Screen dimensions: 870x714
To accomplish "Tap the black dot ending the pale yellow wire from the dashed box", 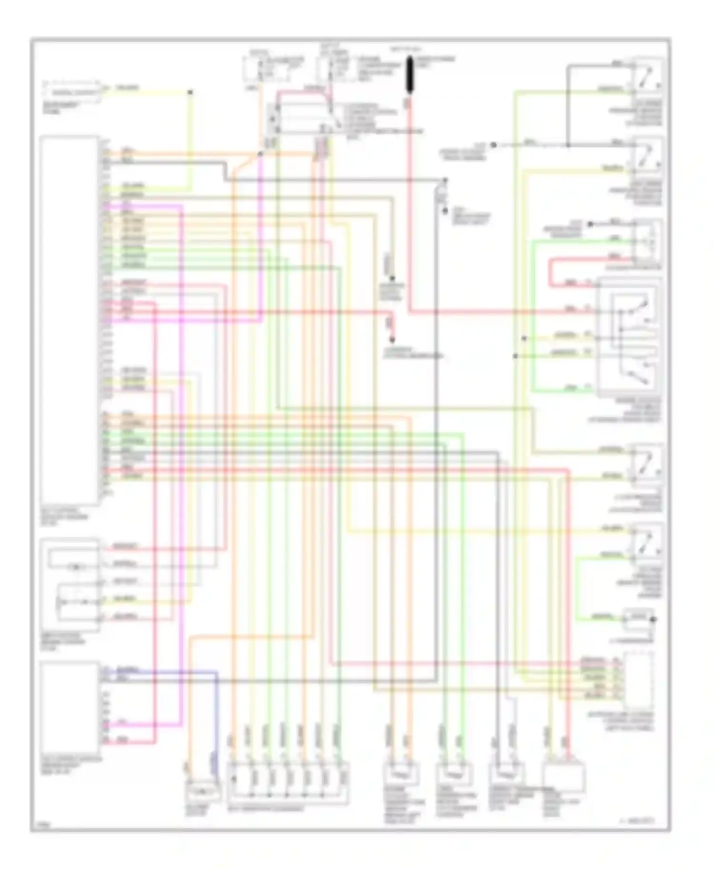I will coord(190,91).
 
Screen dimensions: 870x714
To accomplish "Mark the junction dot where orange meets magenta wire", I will coord(260,154).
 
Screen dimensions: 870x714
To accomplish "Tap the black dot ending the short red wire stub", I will coord(392,339).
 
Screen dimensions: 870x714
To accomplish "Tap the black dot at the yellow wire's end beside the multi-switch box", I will coord(524,338).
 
